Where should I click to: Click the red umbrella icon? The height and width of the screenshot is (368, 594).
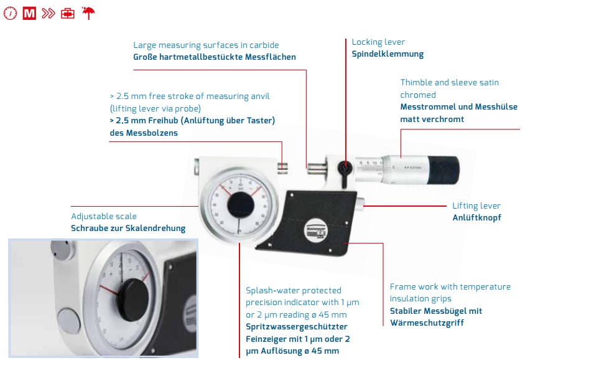88,13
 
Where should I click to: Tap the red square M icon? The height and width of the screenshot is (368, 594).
29,13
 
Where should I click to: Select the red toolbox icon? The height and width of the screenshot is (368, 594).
68,13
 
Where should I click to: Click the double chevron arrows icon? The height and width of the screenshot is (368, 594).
49,13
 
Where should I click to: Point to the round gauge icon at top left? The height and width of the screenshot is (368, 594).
11,13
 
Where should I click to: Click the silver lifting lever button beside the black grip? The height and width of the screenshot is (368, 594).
361,204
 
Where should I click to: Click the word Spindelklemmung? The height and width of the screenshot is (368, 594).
387,54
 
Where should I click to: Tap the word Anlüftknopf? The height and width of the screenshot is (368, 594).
476,217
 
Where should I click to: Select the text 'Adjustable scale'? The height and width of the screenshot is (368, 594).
104,216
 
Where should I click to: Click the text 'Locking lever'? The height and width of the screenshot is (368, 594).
378,42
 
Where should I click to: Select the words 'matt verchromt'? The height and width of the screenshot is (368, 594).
432,119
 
